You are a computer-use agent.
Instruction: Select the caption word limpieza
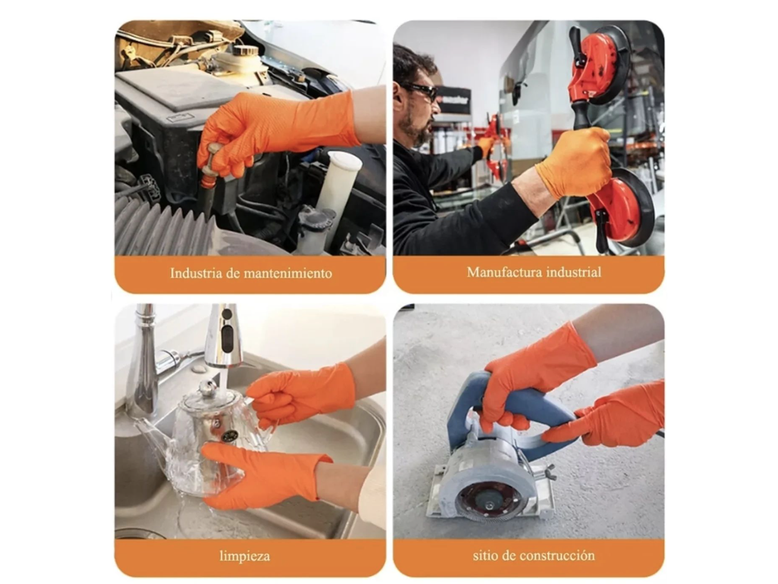click(244, 556)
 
